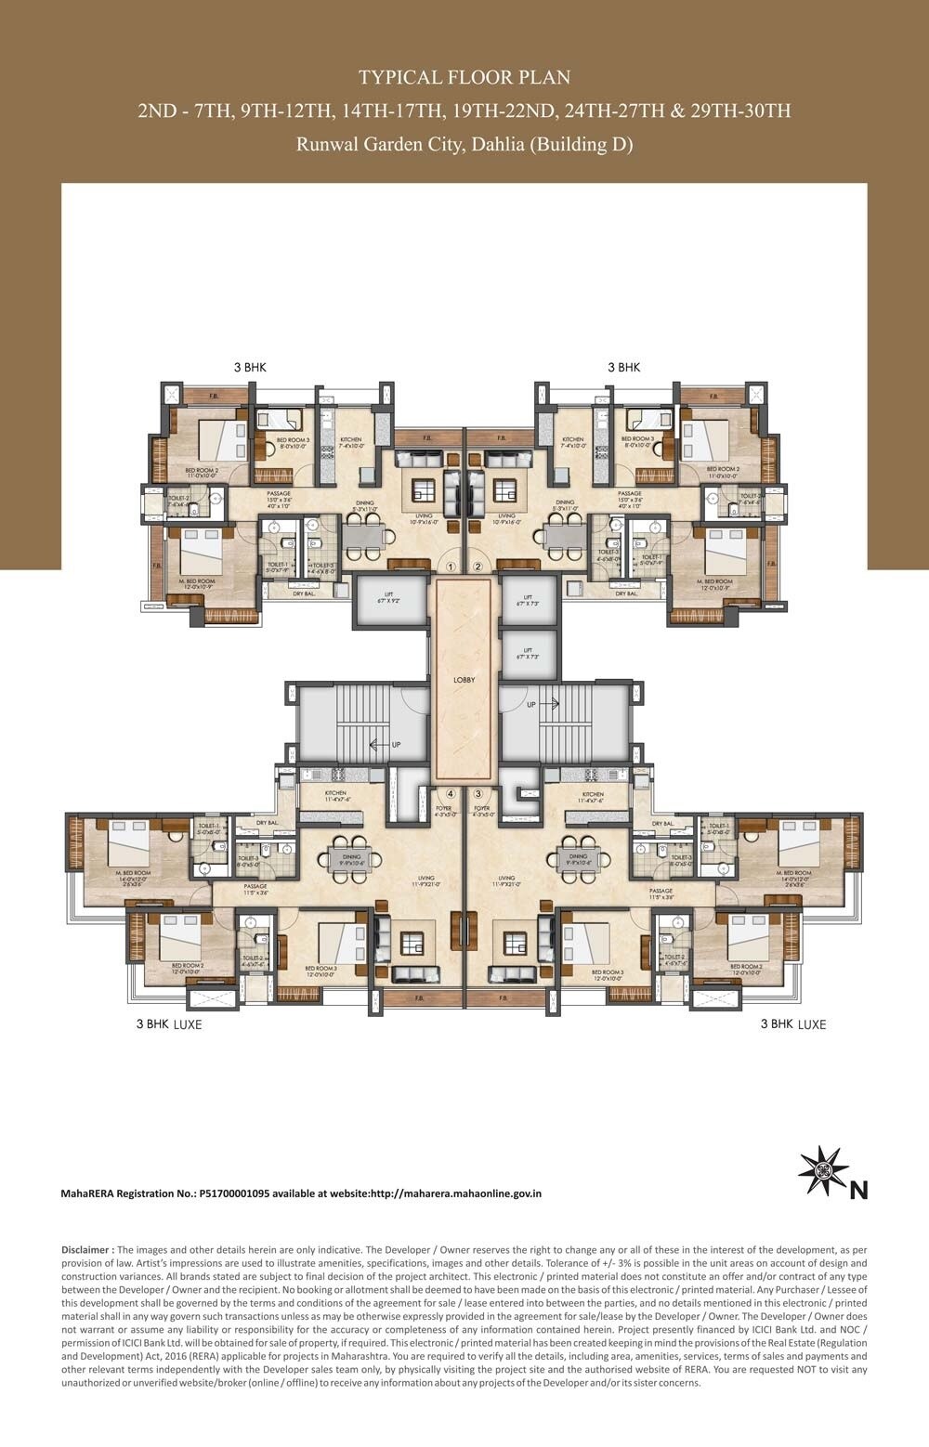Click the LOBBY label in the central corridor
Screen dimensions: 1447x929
coord(464,680)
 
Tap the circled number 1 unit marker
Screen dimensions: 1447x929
coord(451,566)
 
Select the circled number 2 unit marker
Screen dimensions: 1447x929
coord(478,566)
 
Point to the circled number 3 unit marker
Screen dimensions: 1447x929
coord(478,794)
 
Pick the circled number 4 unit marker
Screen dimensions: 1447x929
coord(451,794)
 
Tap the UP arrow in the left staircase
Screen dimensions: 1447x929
coord(378,744)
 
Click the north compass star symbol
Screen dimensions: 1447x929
coord(823,1171)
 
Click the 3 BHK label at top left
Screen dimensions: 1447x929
coord(250,368)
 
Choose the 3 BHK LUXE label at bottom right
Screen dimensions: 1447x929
coord(792,1023)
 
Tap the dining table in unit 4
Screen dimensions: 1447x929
coord(352,858)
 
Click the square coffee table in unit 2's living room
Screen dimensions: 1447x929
coord(505,489)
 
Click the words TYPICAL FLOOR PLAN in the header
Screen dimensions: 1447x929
coord(464,77)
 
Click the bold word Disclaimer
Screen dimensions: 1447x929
coord(87,1250)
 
